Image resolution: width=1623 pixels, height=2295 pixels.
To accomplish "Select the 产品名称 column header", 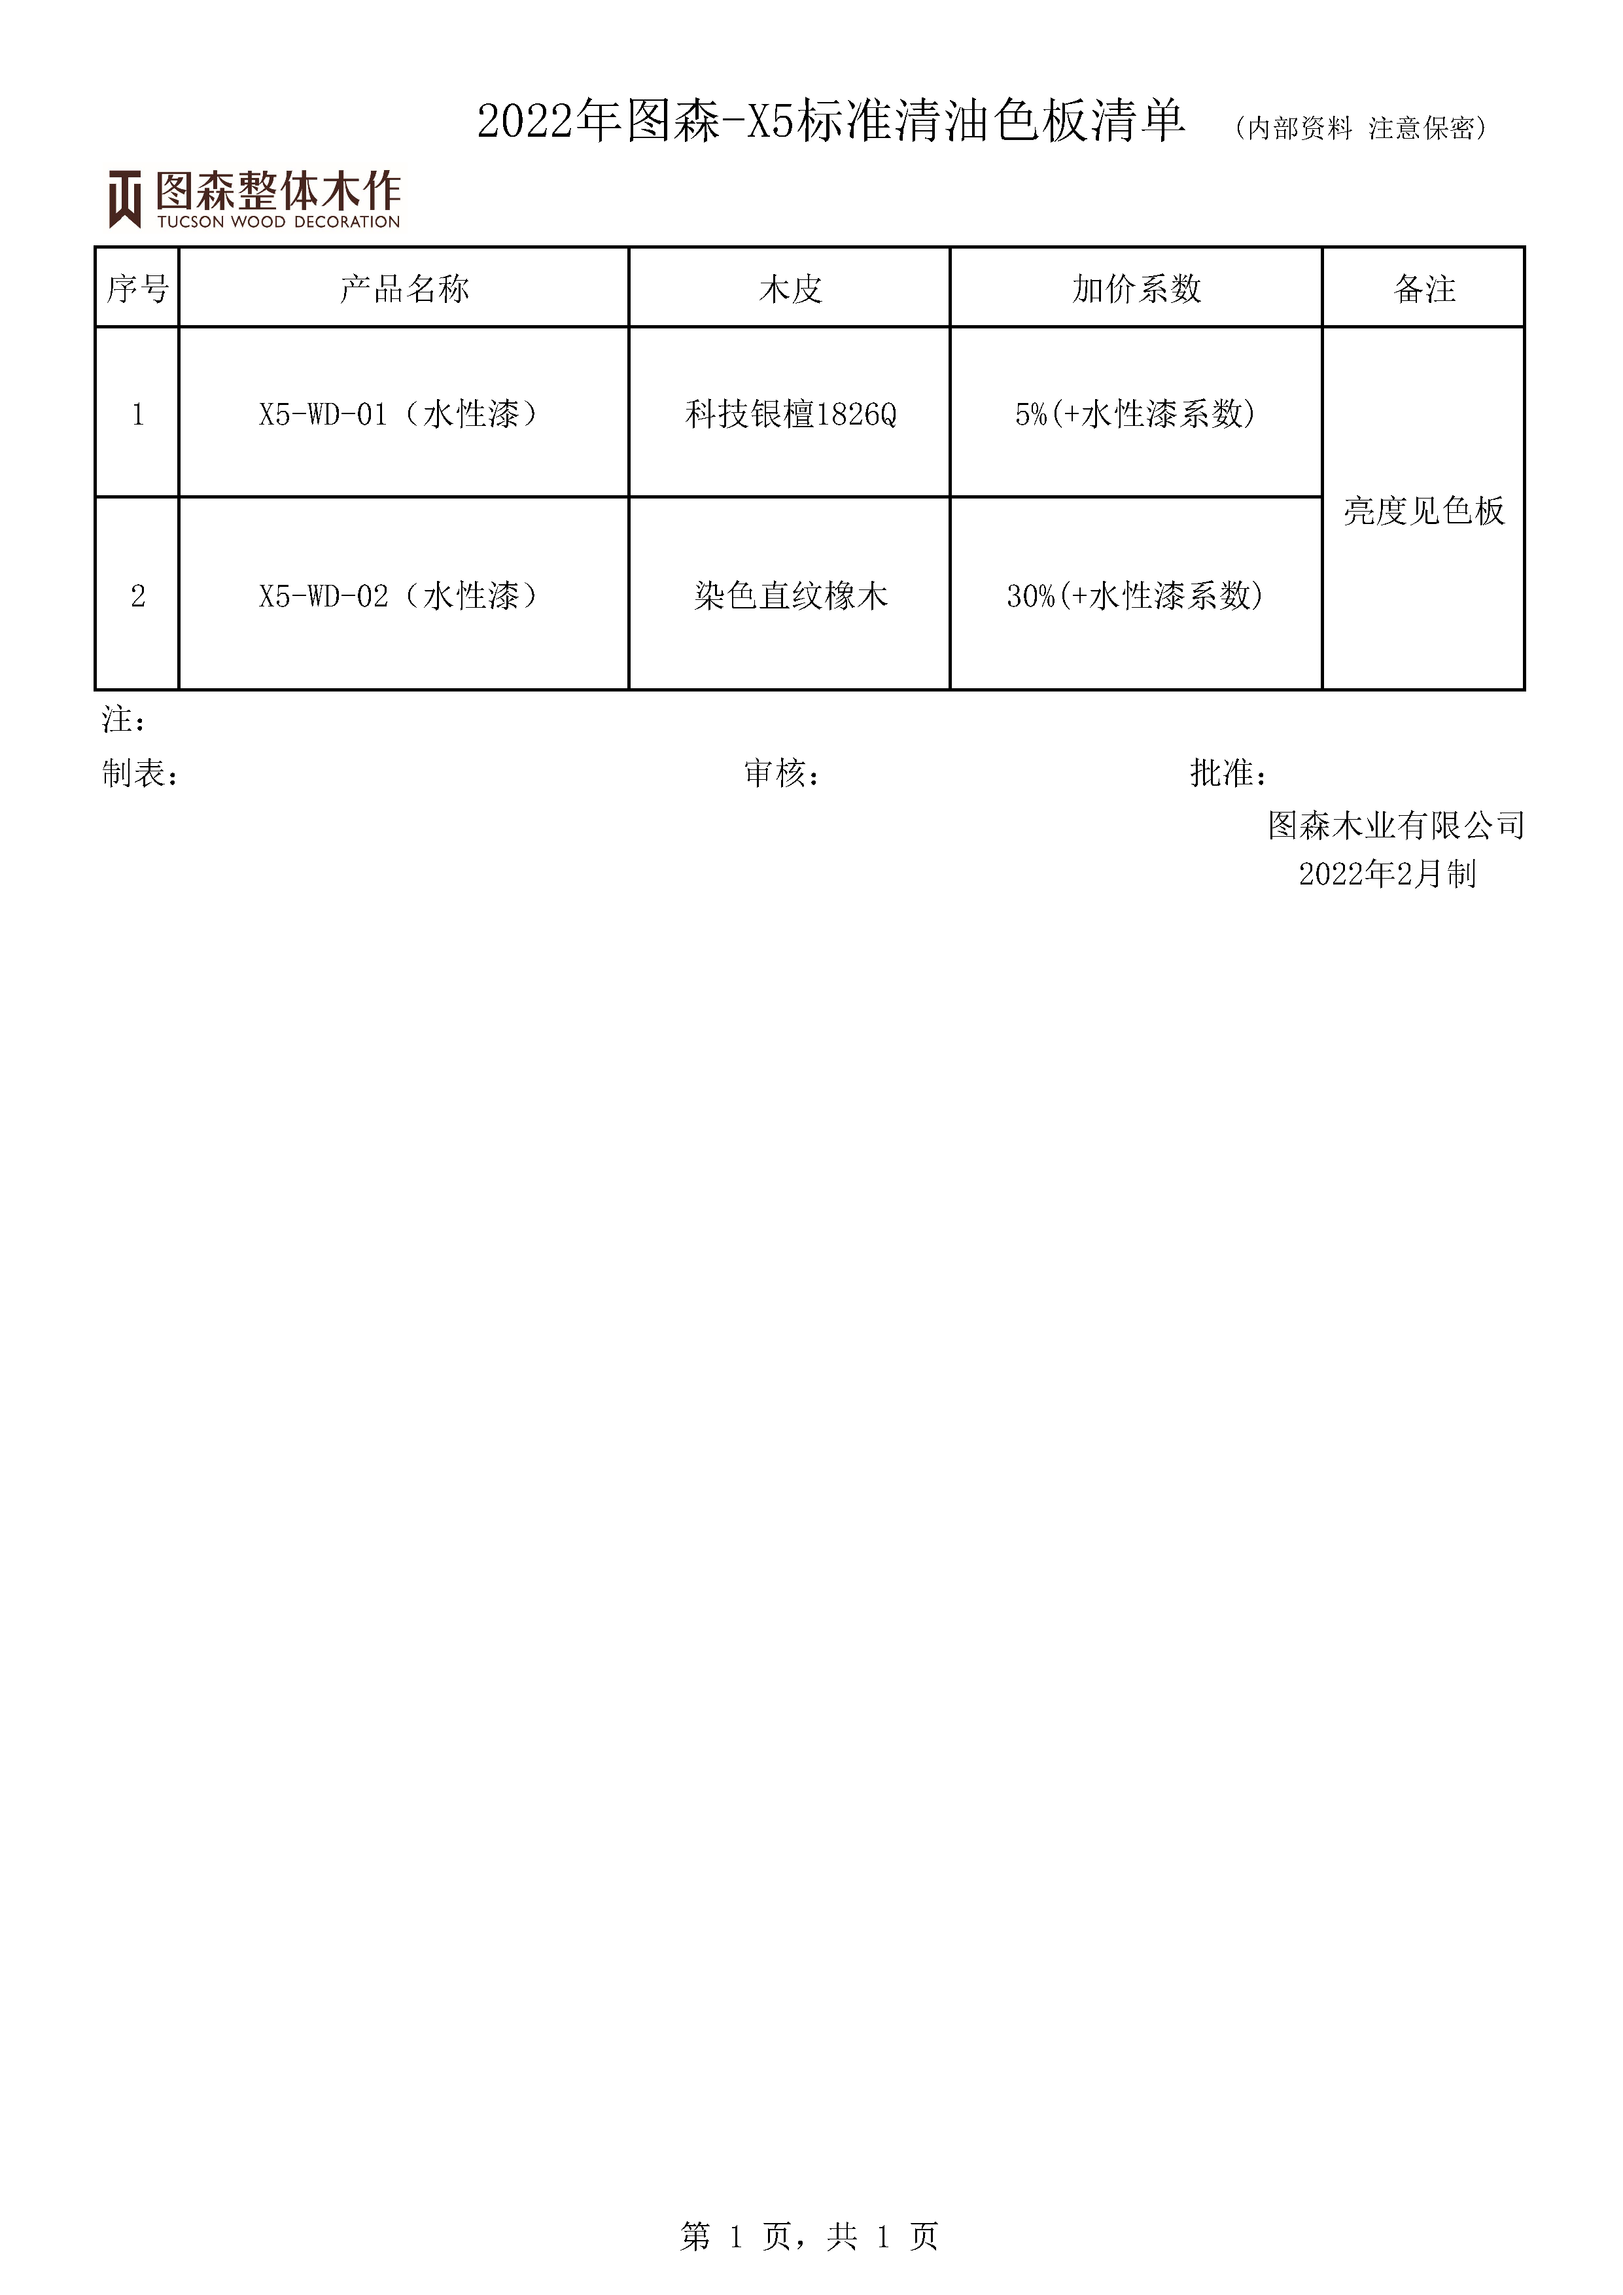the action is tap(404, 289).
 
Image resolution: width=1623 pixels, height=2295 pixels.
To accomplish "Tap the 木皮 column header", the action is tap(790, 289).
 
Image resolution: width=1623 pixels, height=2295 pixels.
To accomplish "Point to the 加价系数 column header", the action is tap(1136, 289).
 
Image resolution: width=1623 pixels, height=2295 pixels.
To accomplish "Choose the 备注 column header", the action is tap(1424, 289).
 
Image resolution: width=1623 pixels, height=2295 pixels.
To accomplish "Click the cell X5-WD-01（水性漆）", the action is tap(404, 414).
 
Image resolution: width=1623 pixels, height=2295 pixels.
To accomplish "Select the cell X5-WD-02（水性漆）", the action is tap(404, 596).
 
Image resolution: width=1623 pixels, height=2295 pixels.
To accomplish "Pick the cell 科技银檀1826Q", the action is tap(790, 414).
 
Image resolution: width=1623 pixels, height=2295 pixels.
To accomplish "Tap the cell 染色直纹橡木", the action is tap(790, 596).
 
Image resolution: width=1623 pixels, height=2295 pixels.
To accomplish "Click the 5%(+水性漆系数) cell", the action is tap(1135, 414).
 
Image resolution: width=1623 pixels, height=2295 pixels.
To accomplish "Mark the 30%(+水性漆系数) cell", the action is tap(1135, 596).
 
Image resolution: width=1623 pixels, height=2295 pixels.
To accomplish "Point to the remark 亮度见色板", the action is tap(1424, 511).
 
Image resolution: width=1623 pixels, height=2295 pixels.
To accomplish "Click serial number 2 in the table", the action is tap(138, 597).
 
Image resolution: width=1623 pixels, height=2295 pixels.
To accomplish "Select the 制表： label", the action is tap(141, 773).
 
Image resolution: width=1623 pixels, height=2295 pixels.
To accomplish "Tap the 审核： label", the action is tap(782, 773).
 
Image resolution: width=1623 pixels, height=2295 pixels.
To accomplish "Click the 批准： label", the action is tap(1229, 773).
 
